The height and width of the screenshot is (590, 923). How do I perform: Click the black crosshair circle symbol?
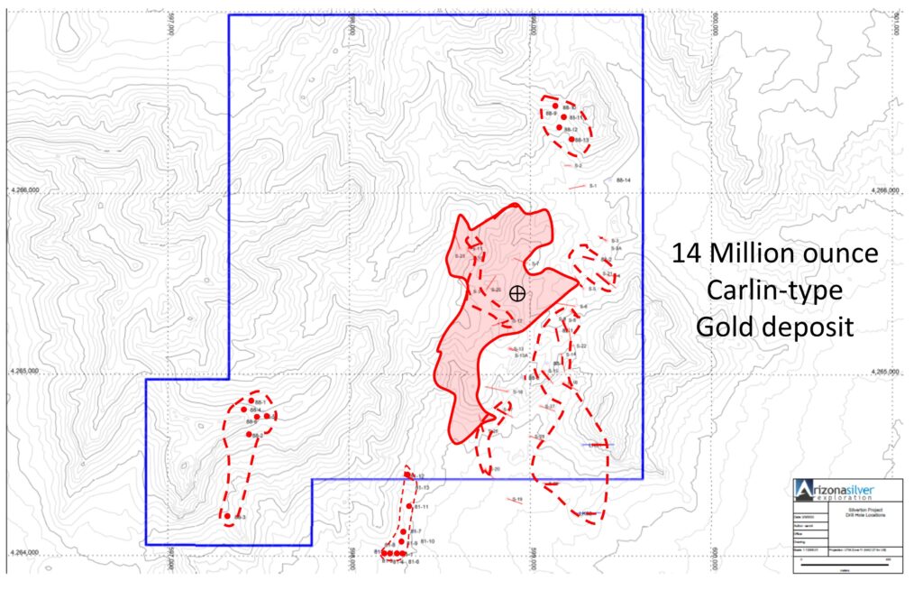pyautogui.click(x=516, y=292)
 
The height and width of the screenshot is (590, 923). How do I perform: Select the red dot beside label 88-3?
pyautogui.click(x=227, y=517)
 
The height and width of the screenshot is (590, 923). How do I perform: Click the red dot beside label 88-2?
pyautogui.click(x=249, y=434)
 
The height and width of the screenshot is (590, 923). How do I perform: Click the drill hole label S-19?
pyautogui.click(x=517, y=499)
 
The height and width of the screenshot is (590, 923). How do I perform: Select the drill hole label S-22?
pyautogui.click(x=581, y=346)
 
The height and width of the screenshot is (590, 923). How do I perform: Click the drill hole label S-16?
pyautogui.click(x=517, y=392)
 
